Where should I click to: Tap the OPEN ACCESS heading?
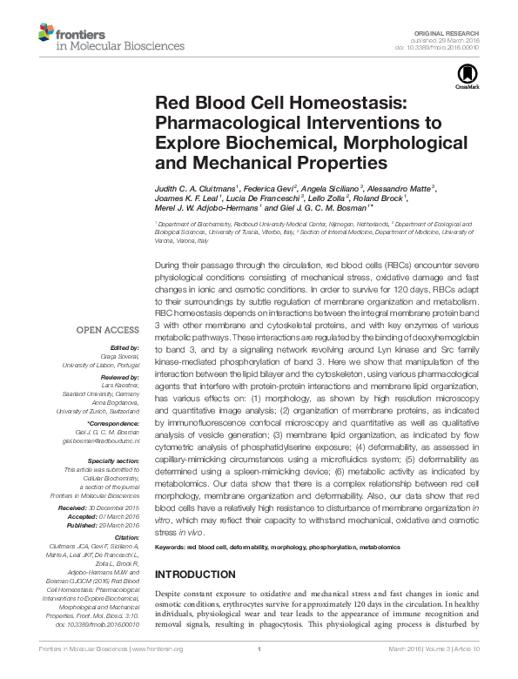coord(108,331)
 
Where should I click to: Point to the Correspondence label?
coord(113,421)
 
